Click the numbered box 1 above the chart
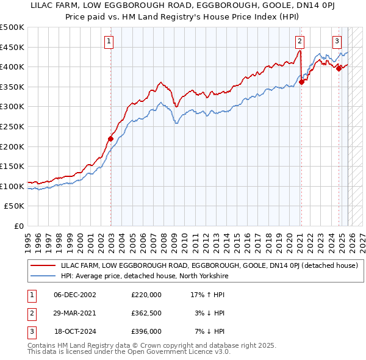pos(109,41)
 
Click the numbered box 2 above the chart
pos(300,41)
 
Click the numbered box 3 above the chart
pos(337,41)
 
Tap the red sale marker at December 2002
pos(111,139)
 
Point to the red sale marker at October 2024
pos(339,68)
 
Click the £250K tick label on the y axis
pos(12,126)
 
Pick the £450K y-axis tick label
pos(12,47)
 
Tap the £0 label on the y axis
pos(18,226)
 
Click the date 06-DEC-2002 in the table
pos(75,295)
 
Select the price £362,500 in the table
pos(146,313)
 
